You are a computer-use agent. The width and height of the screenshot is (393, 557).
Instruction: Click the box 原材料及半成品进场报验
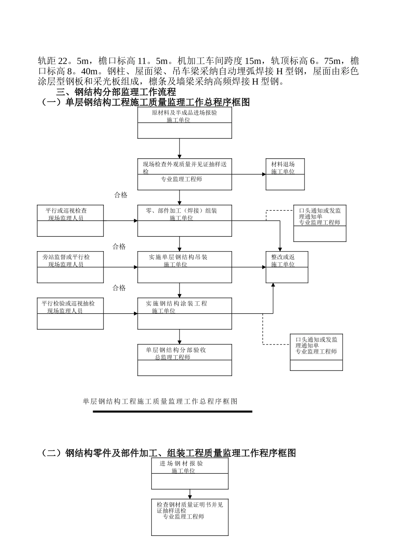185,123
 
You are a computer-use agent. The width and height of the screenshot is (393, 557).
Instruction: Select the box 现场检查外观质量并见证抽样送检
185,174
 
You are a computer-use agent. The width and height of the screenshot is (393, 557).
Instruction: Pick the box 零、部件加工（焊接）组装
185,220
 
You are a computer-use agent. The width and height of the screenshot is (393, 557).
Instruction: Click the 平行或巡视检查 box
70,220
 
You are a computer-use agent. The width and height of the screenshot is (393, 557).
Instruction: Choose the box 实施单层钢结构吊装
185,267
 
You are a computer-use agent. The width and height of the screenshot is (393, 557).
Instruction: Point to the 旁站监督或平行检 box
70,267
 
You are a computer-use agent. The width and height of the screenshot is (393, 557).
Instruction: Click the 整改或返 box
287,267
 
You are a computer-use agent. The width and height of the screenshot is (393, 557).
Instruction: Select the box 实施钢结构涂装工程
185,313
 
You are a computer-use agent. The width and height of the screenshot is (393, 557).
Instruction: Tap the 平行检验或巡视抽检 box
70,313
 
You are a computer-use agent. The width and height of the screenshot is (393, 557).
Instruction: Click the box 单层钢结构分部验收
185,360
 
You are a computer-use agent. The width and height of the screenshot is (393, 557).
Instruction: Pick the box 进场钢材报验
190,473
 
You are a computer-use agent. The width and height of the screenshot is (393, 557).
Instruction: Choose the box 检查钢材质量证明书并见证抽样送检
190,517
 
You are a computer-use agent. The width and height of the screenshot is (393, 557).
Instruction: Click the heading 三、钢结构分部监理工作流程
116,92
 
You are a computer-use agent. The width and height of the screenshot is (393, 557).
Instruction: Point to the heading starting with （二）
168,453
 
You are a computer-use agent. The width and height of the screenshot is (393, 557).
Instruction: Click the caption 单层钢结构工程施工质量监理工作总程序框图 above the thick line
160,401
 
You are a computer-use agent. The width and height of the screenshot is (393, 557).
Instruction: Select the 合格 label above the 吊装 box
119,247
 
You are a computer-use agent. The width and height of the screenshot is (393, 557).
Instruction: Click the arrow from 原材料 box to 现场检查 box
180,148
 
